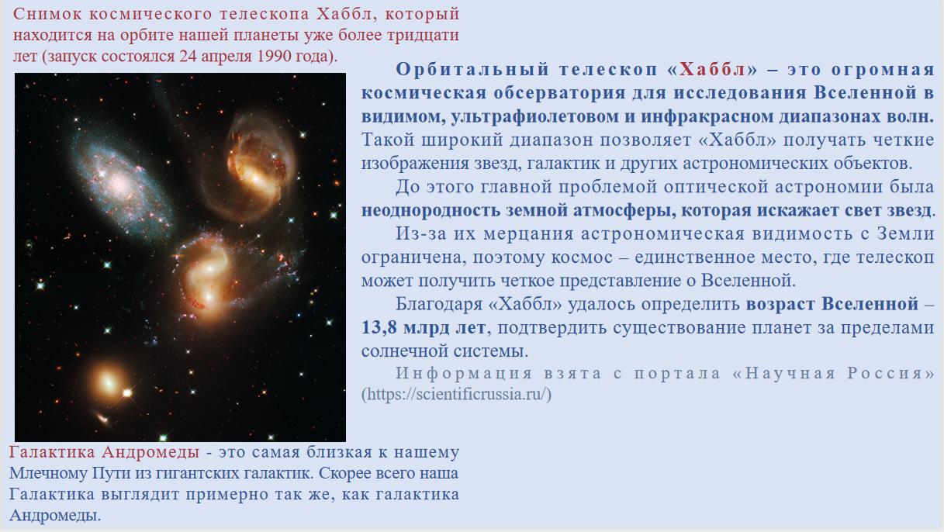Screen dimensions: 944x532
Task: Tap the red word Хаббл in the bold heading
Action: point(713,70)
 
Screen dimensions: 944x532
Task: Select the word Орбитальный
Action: point(472,70)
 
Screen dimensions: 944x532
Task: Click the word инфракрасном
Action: point(707,116)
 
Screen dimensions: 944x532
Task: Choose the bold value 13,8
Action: point(379,328)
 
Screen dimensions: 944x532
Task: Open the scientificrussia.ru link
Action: point(456,394)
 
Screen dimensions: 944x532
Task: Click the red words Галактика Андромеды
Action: point(104,452)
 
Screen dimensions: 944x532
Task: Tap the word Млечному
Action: point(47,473)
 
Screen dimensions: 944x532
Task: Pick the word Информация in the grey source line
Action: point(464,374)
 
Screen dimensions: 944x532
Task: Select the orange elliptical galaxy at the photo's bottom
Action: point(108,382)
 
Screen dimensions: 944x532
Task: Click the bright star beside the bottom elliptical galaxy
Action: point(127,393)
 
